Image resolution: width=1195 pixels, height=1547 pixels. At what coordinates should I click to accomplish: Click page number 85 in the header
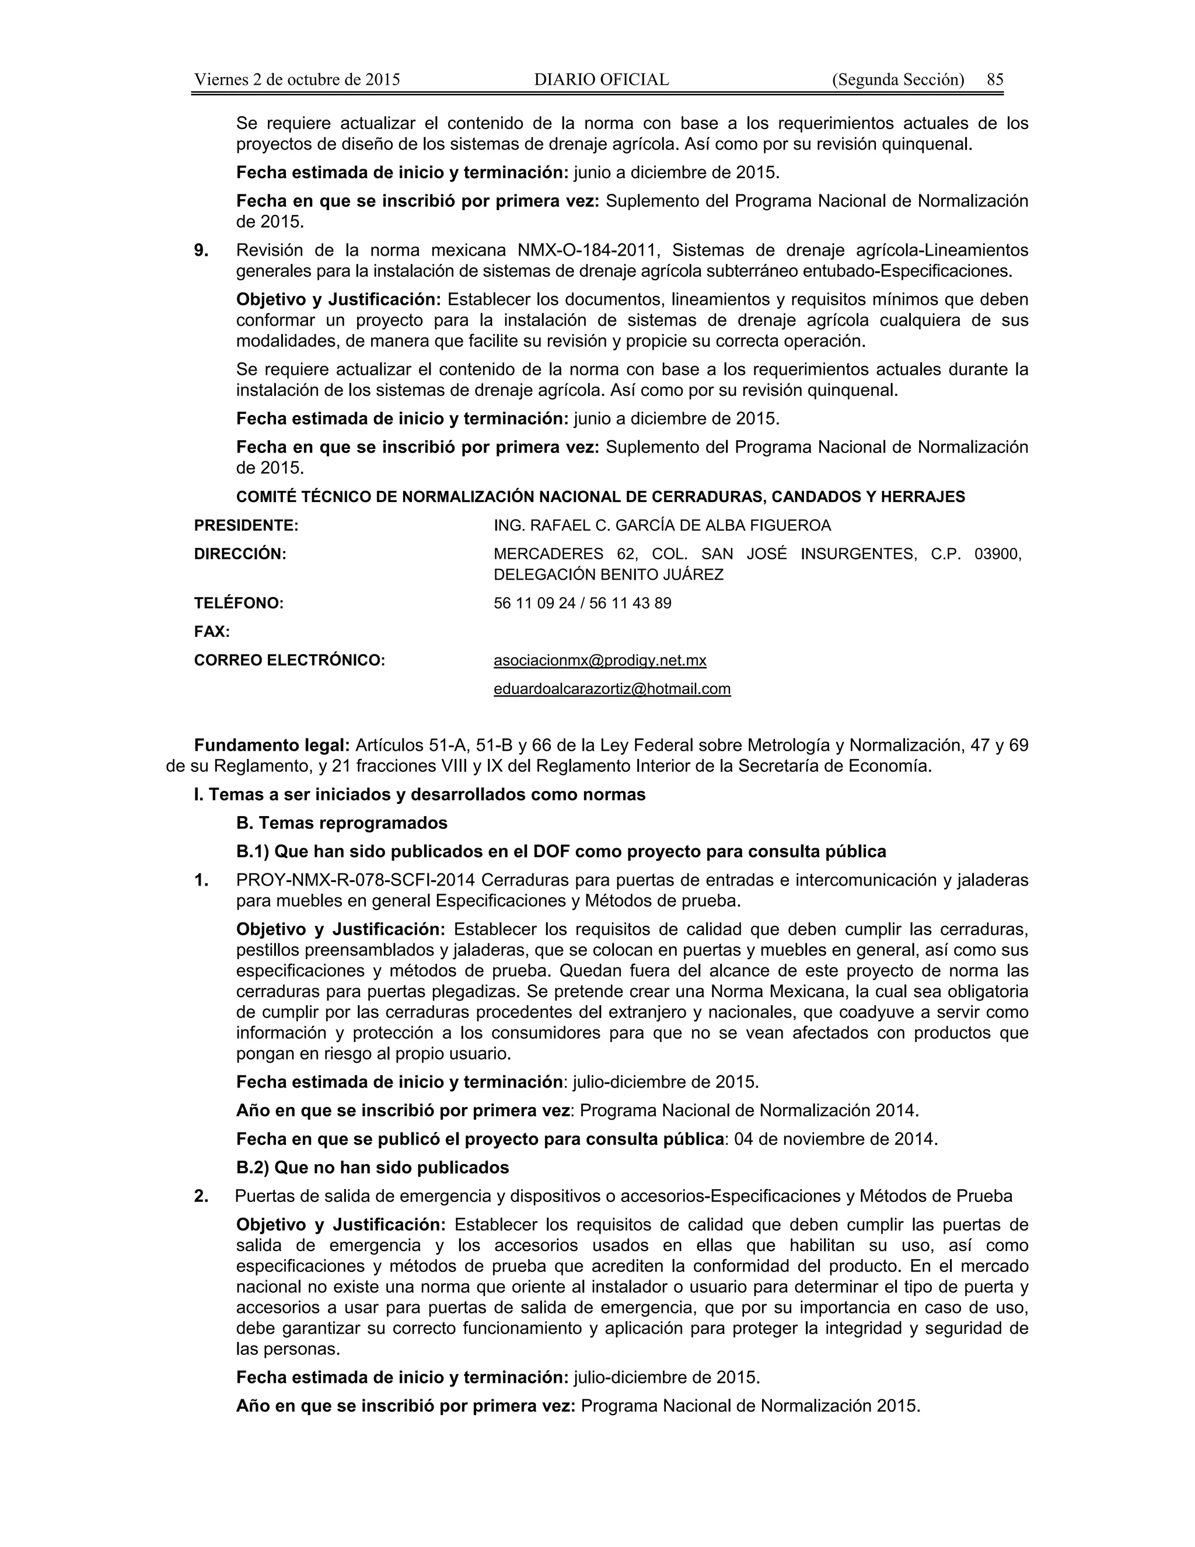click(x=995, y=79)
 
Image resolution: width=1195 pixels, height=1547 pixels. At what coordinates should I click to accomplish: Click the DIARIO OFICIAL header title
click(x=601, y=79)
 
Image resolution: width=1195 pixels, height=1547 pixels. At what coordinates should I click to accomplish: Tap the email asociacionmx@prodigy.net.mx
click(x=600, y=661)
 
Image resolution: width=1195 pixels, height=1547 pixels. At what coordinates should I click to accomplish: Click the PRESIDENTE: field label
click(x=246, y=525)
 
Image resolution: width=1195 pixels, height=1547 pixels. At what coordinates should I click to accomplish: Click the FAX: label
click(x=212, y=632)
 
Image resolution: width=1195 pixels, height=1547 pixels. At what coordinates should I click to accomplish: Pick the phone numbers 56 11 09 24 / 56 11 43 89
click(x=582, y=604)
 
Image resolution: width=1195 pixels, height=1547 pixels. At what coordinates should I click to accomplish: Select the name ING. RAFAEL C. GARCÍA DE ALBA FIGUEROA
click(x=662, y=525)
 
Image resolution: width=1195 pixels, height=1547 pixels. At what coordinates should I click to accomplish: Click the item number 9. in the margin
click(x=201, y=250)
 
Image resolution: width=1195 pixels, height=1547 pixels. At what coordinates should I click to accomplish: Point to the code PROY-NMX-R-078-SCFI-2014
click(x=355, y=880)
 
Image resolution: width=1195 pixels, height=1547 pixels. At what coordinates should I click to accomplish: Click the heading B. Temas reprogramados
click(x=341, y=823)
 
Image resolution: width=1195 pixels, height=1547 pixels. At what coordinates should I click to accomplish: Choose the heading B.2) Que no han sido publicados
click(x=372, y=1168)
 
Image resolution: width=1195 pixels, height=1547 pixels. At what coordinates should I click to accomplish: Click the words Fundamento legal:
click(x=272, y=745)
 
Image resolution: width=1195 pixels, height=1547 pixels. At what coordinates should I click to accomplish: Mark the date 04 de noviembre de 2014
click(x=836, y=1139)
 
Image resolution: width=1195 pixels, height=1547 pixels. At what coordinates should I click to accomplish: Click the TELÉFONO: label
click(x=239, y=604)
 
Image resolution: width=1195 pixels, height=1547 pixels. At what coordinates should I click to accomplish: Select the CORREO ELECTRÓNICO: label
click(x=289, y=661)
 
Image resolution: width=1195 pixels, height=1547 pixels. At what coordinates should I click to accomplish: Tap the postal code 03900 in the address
click(x=997, y=554)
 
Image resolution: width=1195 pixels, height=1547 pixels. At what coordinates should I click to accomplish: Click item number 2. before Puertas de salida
click(x=201, y=1196)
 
